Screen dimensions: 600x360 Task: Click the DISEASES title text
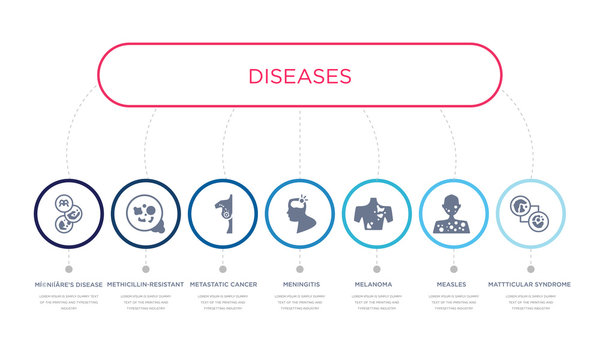(300, 76)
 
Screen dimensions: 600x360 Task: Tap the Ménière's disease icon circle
(68, 213)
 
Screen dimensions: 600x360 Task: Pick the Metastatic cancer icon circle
(222, 213)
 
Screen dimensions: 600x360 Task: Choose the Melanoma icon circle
(377, 213)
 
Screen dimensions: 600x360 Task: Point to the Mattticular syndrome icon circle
(531, 213)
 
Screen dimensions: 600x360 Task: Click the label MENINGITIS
(300, 284)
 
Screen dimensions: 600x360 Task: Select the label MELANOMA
(377, 284)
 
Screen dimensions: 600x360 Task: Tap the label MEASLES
(454, 284)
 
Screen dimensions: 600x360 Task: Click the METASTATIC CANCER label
(222, 284)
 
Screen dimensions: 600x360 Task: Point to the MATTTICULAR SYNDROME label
(531, 284)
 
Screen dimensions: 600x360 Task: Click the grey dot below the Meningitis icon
(300, 269)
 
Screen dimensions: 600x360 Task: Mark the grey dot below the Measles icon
(454, 269)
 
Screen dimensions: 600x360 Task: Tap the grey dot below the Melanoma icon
(377, 269)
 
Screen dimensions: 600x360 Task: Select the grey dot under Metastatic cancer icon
(222, 269)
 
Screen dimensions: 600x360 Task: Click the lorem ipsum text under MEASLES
(454, 302)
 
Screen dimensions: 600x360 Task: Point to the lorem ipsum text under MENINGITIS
(300, 302)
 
